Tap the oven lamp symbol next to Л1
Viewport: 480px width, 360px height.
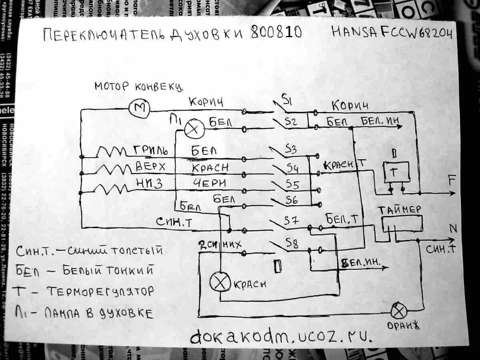[194, 128]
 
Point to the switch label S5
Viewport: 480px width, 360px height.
[292, 185]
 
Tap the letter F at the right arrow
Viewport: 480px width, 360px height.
[452, 181]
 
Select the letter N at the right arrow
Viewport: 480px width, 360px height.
[453, 228]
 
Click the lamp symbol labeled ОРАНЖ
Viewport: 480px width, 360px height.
[398, 310]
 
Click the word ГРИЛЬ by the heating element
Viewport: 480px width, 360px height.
[150, 151]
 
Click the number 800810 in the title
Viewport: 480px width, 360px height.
[276, 33]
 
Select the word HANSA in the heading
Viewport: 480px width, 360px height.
[354, 32]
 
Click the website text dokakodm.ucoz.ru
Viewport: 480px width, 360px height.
[280, 337]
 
